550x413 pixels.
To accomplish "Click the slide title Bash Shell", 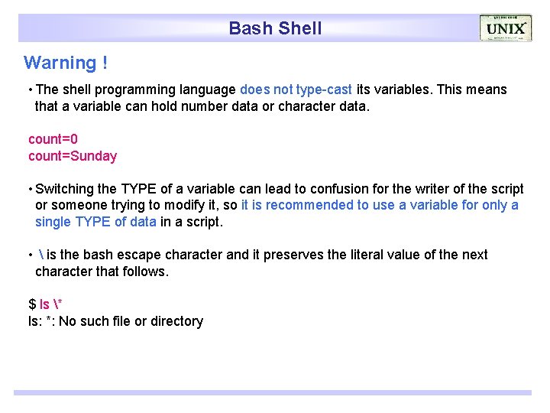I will (275, 28).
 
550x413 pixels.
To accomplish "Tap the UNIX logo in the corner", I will (505, 28).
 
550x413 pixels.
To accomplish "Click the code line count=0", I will (53, 139).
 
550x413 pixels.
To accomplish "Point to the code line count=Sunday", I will (73, 156).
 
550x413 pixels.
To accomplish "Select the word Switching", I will (64, 189).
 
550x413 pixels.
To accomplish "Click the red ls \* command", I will (50, 304).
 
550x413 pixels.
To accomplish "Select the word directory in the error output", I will (176, 321).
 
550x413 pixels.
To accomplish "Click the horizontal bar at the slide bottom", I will (272, 392).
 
